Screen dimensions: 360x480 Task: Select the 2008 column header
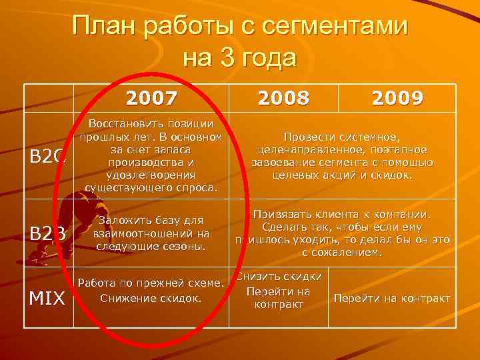tap(285, 99)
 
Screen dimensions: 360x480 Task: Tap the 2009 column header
tap(398, 99)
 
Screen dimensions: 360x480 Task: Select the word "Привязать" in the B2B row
tap(283, 215)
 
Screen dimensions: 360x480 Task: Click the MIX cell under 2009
tap(392, 298)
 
